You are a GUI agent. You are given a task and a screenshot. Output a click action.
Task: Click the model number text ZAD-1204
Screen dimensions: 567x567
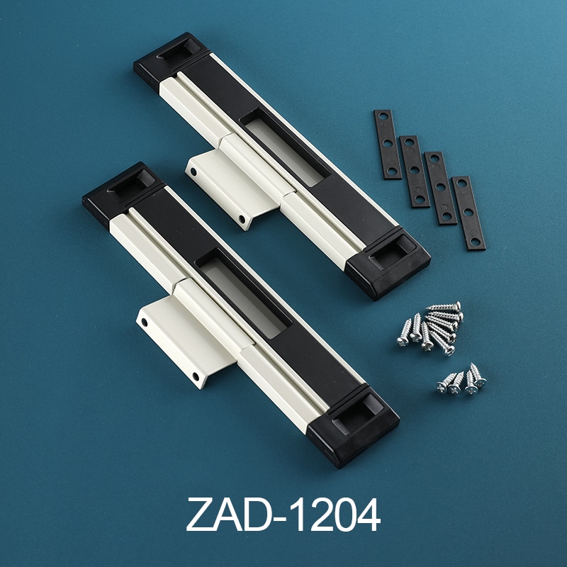point(283,515)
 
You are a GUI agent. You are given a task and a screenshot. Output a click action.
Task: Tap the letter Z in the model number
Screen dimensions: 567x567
point(199,515)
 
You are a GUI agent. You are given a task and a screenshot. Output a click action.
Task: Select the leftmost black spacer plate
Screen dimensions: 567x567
point(388,145)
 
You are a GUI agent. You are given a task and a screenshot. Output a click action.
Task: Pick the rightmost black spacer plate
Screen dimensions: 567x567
point(468,213)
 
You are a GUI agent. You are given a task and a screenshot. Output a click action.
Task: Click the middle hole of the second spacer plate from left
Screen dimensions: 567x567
point(415,170)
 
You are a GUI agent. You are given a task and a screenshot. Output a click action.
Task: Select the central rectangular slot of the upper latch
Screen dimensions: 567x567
point(285,147)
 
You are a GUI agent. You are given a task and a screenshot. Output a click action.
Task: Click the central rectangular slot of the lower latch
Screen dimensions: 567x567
point(244,293)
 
